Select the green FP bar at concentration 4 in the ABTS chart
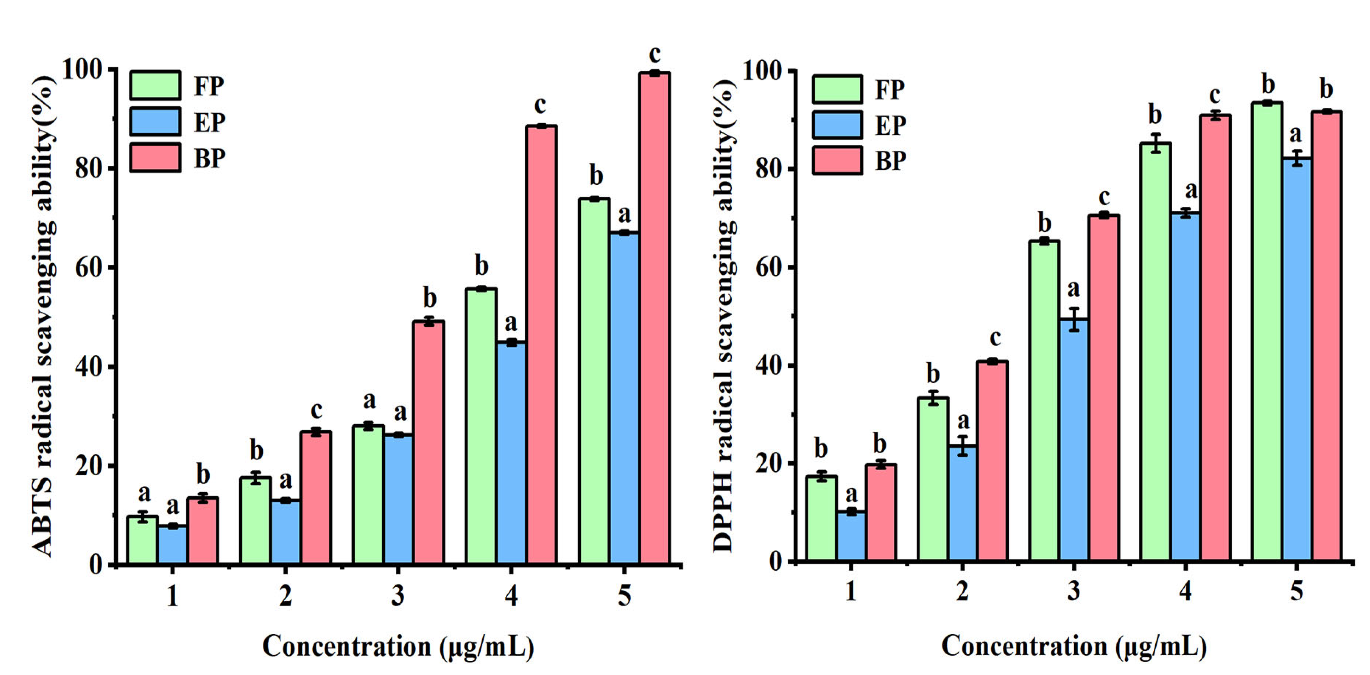coord(481,425)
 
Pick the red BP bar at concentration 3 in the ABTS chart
coord(429,441)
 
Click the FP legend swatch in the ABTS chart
coord(155,85)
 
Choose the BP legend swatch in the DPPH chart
coord(837,160)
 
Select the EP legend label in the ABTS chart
coord(209,122)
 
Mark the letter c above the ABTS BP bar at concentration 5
coord(655,54)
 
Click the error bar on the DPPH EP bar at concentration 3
coord(1074,319)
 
